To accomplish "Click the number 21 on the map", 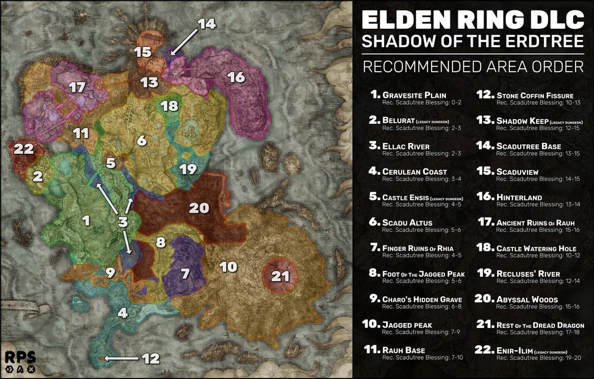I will (x=280, y=276).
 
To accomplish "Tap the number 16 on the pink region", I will (x=236, y=77).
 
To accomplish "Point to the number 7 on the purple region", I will (x=185, y=273).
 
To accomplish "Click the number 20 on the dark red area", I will (x=199, y=208).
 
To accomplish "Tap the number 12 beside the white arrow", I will (x=151, y=358).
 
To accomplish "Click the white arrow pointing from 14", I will (x=184, y=38).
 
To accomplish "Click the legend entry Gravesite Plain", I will (x=414, y=95).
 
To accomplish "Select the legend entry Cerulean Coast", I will (x=414, y=172).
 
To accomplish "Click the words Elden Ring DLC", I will (x=473, y=20).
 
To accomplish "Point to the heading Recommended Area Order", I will (x=473, y=66).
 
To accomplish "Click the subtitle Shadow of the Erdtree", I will (x=473, y=42).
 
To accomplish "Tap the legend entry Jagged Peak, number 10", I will (x=407, y=325).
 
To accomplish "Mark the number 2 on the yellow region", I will (x=37, y=176).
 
